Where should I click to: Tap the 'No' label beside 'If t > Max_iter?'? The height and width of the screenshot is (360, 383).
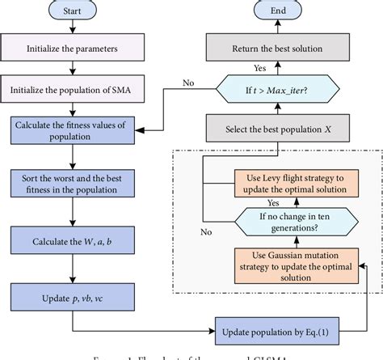[x=189, y=82]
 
